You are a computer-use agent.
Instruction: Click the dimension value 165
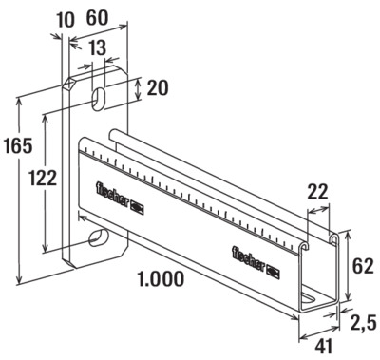click(x=18, y=145)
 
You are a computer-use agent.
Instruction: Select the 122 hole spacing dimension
click(x=43, y=178)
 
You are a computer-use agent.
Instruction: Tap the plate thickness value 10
click(x=66, y=20)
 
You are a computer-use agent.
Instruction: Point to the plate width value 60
click(x=97, y=18)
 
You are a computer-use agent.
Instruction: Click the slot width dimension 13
click(x=97, y=48)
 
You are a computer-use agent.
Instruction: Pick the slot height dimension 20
click(x=158, y=87)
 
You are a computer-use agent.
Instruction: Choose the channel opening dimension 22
click(x=317, y=192)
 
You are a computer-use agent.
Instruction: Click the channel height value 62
click(x=363, y=266)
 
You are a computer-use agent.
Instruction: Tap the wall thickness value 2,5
click(x=363, y=323)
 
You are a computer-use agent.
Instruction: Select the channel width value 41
click(x=323, y=346)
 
